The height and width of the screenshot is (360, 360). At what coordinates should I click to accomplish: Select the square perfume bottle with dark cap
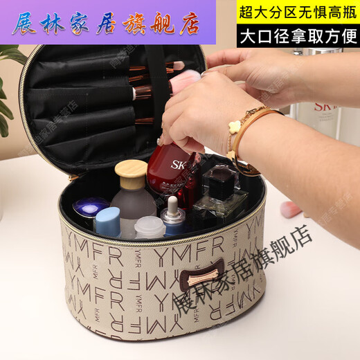(220, 192)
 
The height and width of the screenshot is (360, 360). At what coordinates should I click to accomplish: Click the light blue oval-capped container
(107, 220)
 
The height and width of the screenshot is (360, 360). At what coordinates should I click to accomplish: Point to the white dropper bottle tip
(172, 204)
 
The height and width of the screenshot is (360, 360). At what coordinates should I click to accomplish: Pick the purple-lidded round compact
(91, 206)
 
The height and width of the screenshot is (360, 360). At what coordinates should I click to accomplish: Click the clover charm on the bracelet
(235, 127)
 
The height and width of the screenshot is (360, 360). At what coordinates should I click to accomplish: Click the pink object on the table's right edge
(291, 208)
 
